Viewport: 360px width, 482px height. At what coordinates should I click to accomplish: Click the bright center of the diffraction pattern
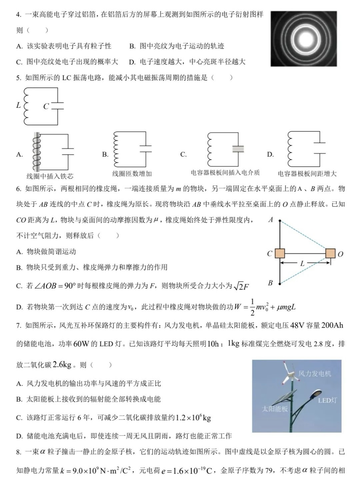(304, 39)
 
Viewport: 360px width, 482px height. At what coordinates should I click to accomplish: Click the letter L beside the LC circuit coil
(19, 105)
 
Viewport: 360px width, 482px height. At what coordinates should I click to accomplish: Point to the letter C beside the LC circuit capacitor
(46, 106)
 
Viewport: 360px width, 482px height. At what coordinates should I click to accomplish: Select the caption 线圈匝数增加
(132, 173)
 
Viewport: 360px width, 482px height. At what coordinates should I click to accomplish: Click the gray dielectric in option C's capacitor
(238, 149)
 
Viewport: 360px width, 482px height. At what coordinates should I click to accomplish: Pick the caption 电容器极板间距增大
(307, 173)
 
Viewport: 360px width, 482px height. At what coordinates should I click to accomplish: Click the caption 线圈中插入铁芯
(50, 176)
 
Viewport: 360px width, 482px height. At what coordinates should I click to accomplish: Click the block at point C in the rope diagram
(280, 254)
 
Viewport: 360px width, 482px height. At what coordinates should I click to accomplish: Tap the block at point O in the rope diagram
(330, 254)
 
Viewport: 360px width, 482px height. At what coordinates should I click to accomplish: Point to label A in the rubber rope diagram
(271, 220)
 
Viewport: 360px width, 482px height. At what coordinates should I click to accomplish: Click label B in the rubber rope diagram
(270, 283)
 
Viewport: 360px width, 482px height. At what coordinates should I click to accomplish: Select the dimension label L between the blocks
(302, 264)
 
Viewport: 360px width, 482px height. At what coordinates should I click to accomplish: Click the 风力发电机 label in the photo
(315, 374)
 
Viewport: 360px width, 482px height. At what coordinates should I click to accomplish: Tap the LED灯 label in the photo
(327, 400)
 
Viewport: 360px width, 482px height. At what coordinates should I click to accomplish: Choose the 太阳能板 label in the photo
(275, 409)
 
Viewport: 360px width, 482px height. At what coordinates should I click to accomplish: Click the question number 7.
(19, 325)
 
